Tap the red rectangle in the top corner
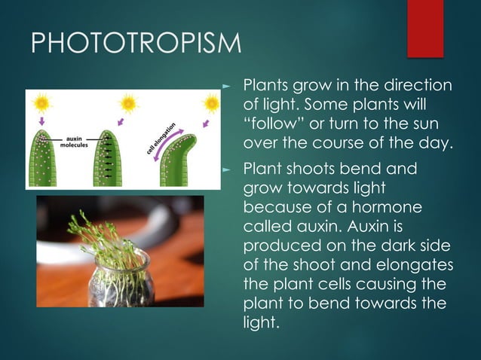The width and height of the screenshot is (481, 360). pos(425,28)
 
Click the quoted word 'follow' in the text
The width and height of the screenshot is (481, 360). pos(274,122)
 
